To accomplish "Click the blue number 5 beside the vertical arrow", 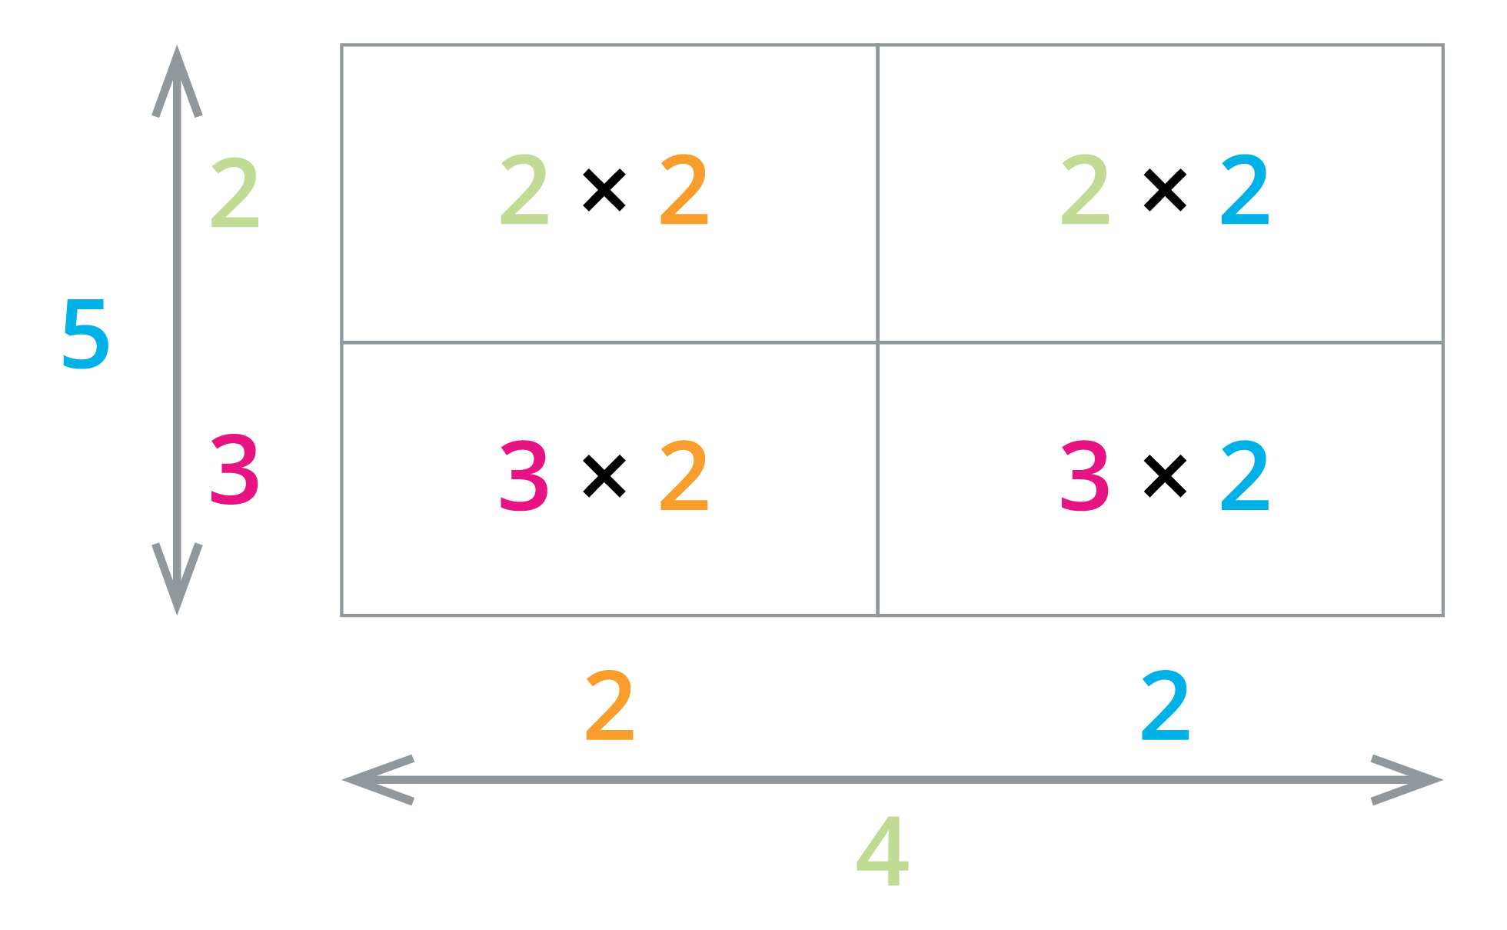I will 86,335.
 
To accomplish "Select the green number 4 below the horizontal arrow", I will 883,852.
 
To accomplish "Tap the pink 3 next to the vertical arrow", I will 235,470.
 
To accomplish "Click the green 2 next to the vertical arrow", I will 235,193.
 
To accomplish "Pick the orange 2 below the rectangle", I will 610,705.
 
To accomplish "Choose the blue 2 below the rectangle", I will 1166,705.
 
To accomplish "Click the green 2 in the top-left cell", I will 524,190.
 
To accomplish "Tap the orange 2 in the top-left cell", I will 684,190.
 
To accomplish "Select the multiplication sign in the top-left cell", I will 604,190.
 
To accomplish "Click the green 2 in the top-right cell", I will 1085,190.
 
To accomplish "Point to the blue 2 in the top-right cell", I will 1245,190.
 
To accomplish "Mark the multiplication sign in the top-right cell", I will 1165,190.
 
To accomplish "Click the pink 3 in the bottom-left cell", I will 524,476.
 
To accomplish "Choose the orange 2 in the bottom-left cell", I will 684,476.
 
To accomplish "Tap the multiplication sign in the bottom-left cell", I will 604,476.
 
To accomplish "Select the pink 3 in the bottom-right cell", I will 1085,476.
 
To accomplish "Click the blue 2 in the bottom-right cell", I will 1245,476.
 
